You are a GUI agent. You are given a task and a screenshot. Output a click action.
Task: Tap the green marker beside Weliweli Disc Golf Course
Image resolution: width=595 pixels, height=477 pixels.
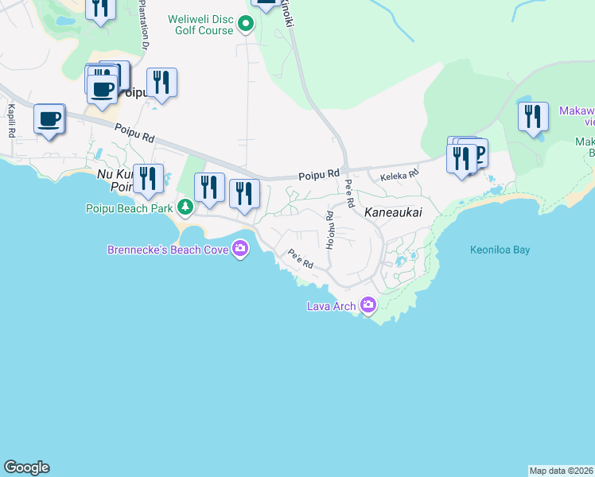click(246, 24)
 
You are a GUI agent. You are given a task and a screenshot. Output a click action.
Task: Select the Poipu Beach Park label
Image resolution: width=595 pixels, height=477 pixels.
click(129, 208)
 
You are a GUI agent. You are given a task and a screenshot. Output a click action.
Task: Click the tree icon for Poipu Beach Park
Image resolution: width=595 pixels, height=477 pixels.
click(185, 207)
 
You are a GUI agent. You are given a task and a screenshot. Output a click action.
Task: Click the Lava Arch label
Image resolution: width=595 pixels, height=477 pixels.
click(332, 306)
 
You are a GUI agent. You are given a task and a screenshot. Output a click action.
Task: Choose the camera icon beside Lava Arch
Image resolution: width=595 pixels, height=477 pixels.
click(367, 304)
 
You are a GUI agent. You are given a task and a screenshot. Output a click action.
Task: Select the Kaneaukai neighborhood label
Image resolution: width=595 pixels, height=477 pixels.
click(392, 213)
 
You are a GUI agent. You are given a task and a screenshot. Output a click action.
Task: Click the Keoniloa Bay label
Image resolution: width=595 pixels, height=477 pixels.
click(500, 250)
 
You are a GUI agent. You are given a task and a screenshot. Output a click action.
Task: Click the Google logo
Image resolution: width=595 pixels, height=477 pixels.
click(26, 467)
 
